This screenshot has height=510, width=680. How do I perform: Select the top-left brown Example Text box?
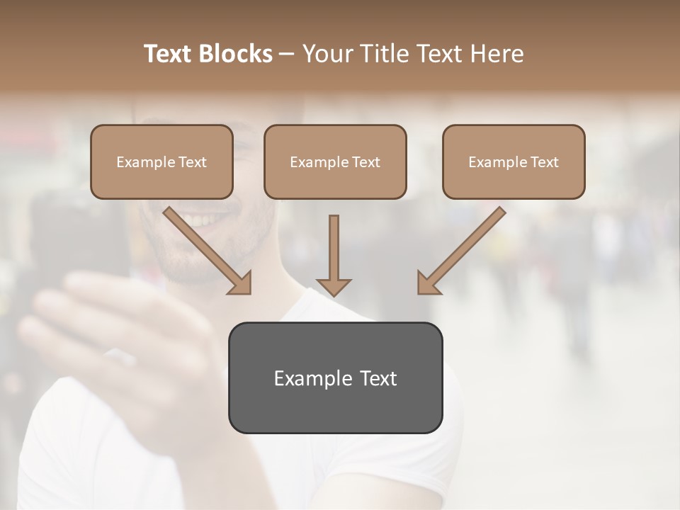[161, 162]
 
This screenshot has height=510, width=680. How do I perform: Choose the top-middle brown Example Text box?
[335, 162]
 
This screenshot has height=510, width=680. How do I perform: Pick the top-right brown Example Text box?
[514, 162]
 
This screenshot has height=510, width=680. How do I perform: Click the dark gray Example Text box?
[335, 378]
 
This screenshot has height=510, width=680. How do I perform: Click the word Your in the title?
[327, 54]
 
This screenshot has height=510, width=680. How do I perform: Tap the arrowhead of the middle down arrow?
[334, 286]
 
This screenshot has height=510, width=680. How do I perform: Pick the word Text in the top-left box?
[193, 162]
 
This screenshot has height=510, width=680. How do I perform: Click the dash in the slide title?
[287, 54]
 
